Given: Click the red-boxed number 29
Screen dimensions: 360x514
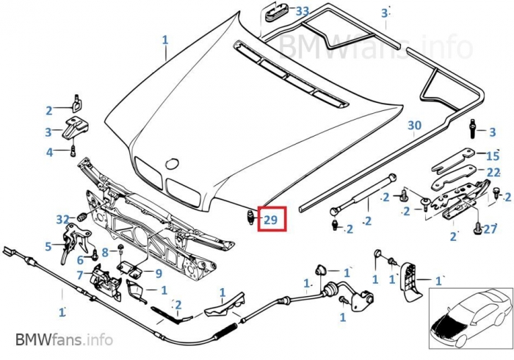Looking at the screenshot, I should pos(271,219).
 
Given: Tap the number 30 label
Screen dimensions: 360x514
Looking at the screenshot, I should pos(415,126).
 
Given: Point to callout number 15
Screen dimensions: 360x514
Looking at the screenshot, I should pos(493,155).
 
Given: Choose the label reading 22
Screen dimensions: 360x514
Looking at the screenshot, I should pos(493,172).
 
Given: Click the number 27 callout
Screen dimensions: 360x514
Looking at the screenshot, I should pos(490,228).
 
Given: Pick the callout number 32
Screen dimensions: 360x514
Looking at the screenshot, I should pos(63,218).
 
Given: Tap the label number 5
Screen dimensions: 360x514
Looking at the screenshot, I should pos(48,247).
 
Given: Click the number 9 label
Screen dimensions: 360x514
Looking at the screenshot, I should pos(158,273).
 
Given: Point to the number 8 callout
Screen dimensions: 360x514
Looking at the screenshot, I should pos(105,252).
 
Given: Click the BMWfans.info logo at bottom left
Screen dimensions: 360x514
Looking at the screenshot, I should pos(64,340).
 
